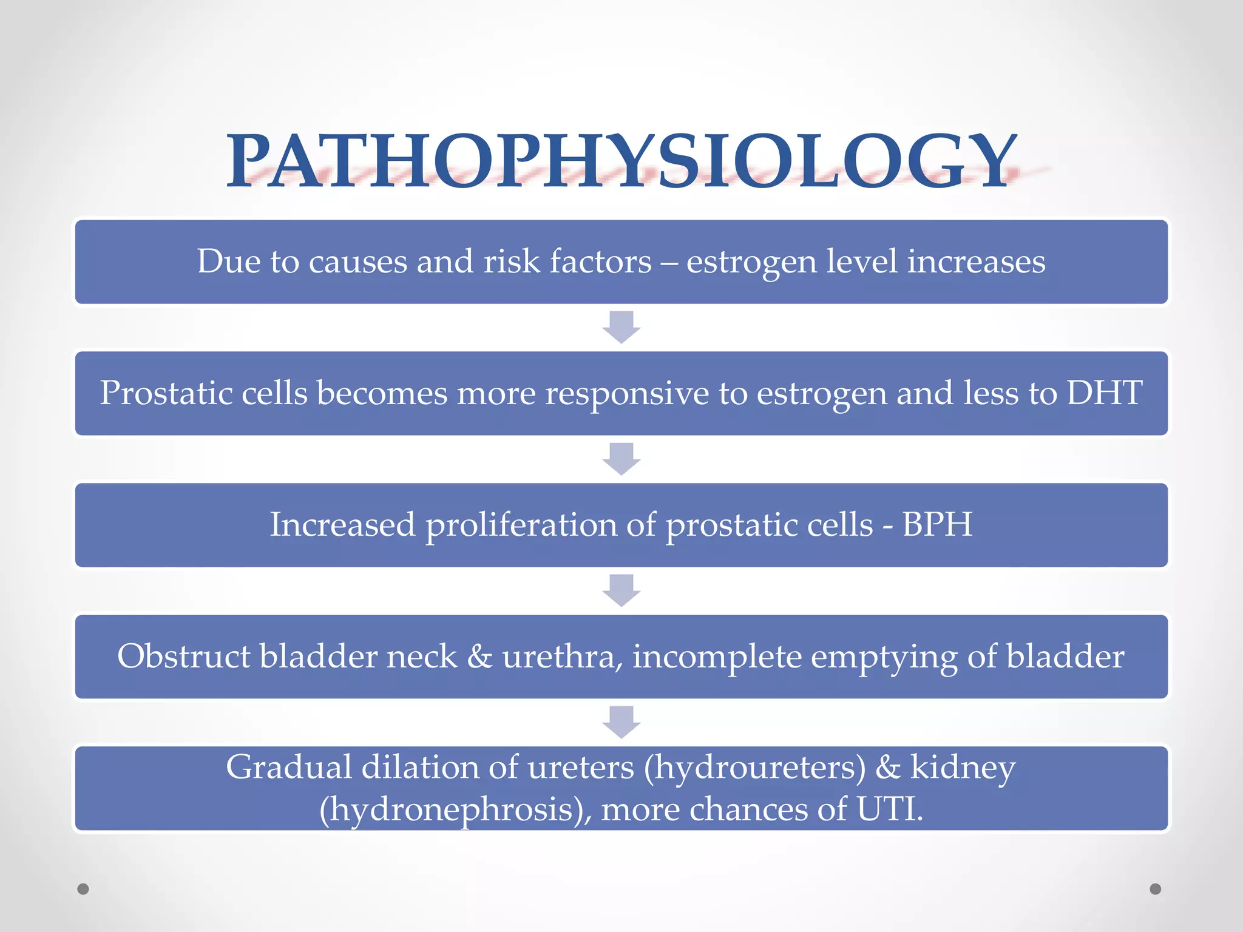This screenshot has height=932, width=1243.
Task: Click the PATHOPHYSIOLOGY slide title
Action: click(621, 161)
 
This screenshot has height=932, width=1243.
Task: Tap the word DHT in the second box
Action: click(1105, 393)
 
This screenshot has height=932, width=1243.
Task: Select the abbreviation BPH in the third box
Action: click(937, 524)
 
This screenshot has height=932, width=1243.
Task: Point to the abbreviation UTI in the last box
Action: click(889, 809)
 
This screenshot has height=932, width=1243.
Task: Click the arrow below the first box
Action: click(621, 327)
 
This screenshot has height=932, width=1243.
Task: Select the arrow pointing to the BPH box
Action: click(621, 459)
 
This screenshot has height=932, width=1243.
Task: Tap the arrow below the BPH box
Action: click(621, 590)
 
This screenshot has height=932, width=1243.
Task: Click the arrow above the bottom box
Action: click(621, 722)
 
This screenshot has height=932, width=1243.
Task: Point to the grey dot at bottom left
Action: click(83, 889)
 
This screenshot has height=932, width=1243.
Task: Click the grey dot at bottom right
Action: click(1156, 889)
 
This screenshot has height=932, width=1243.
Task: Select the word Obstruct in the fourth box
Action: click(183, 657)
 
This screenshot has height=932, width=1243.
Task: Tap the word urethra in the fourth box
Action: click(562, 657)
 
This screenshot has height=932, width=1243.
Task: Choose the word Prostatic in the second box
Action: click(166, 393)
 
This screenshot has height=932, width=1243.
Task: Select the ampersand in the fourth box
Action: click(479, 657)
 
